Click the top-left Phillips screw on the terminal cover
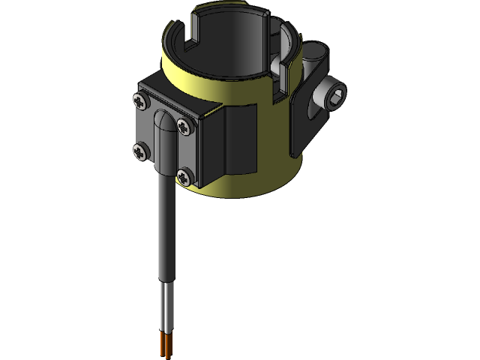[x=139, y=99]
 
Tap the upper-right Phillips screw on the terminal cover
[x=184, y=121]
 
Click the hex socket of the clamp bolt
[x=335, y=94]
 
